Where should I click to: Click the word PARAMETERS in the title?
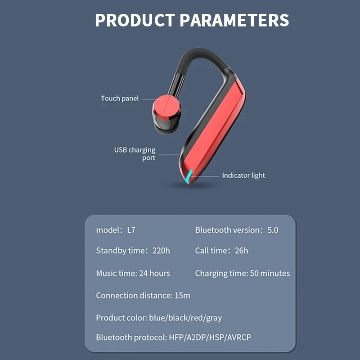234,20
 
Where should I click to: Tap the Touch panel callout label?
120,98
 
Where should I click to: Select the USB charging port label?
135,154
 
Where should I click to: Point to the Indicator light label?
243,175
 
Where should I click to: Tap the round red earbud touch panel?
165,106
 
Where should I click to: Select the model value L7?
131,230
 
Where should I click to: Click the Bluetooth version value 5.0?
273,230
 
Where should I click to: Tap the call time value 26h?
241,251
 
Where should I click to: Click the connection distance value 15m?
182,296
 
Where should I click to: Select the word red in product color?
198,318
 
